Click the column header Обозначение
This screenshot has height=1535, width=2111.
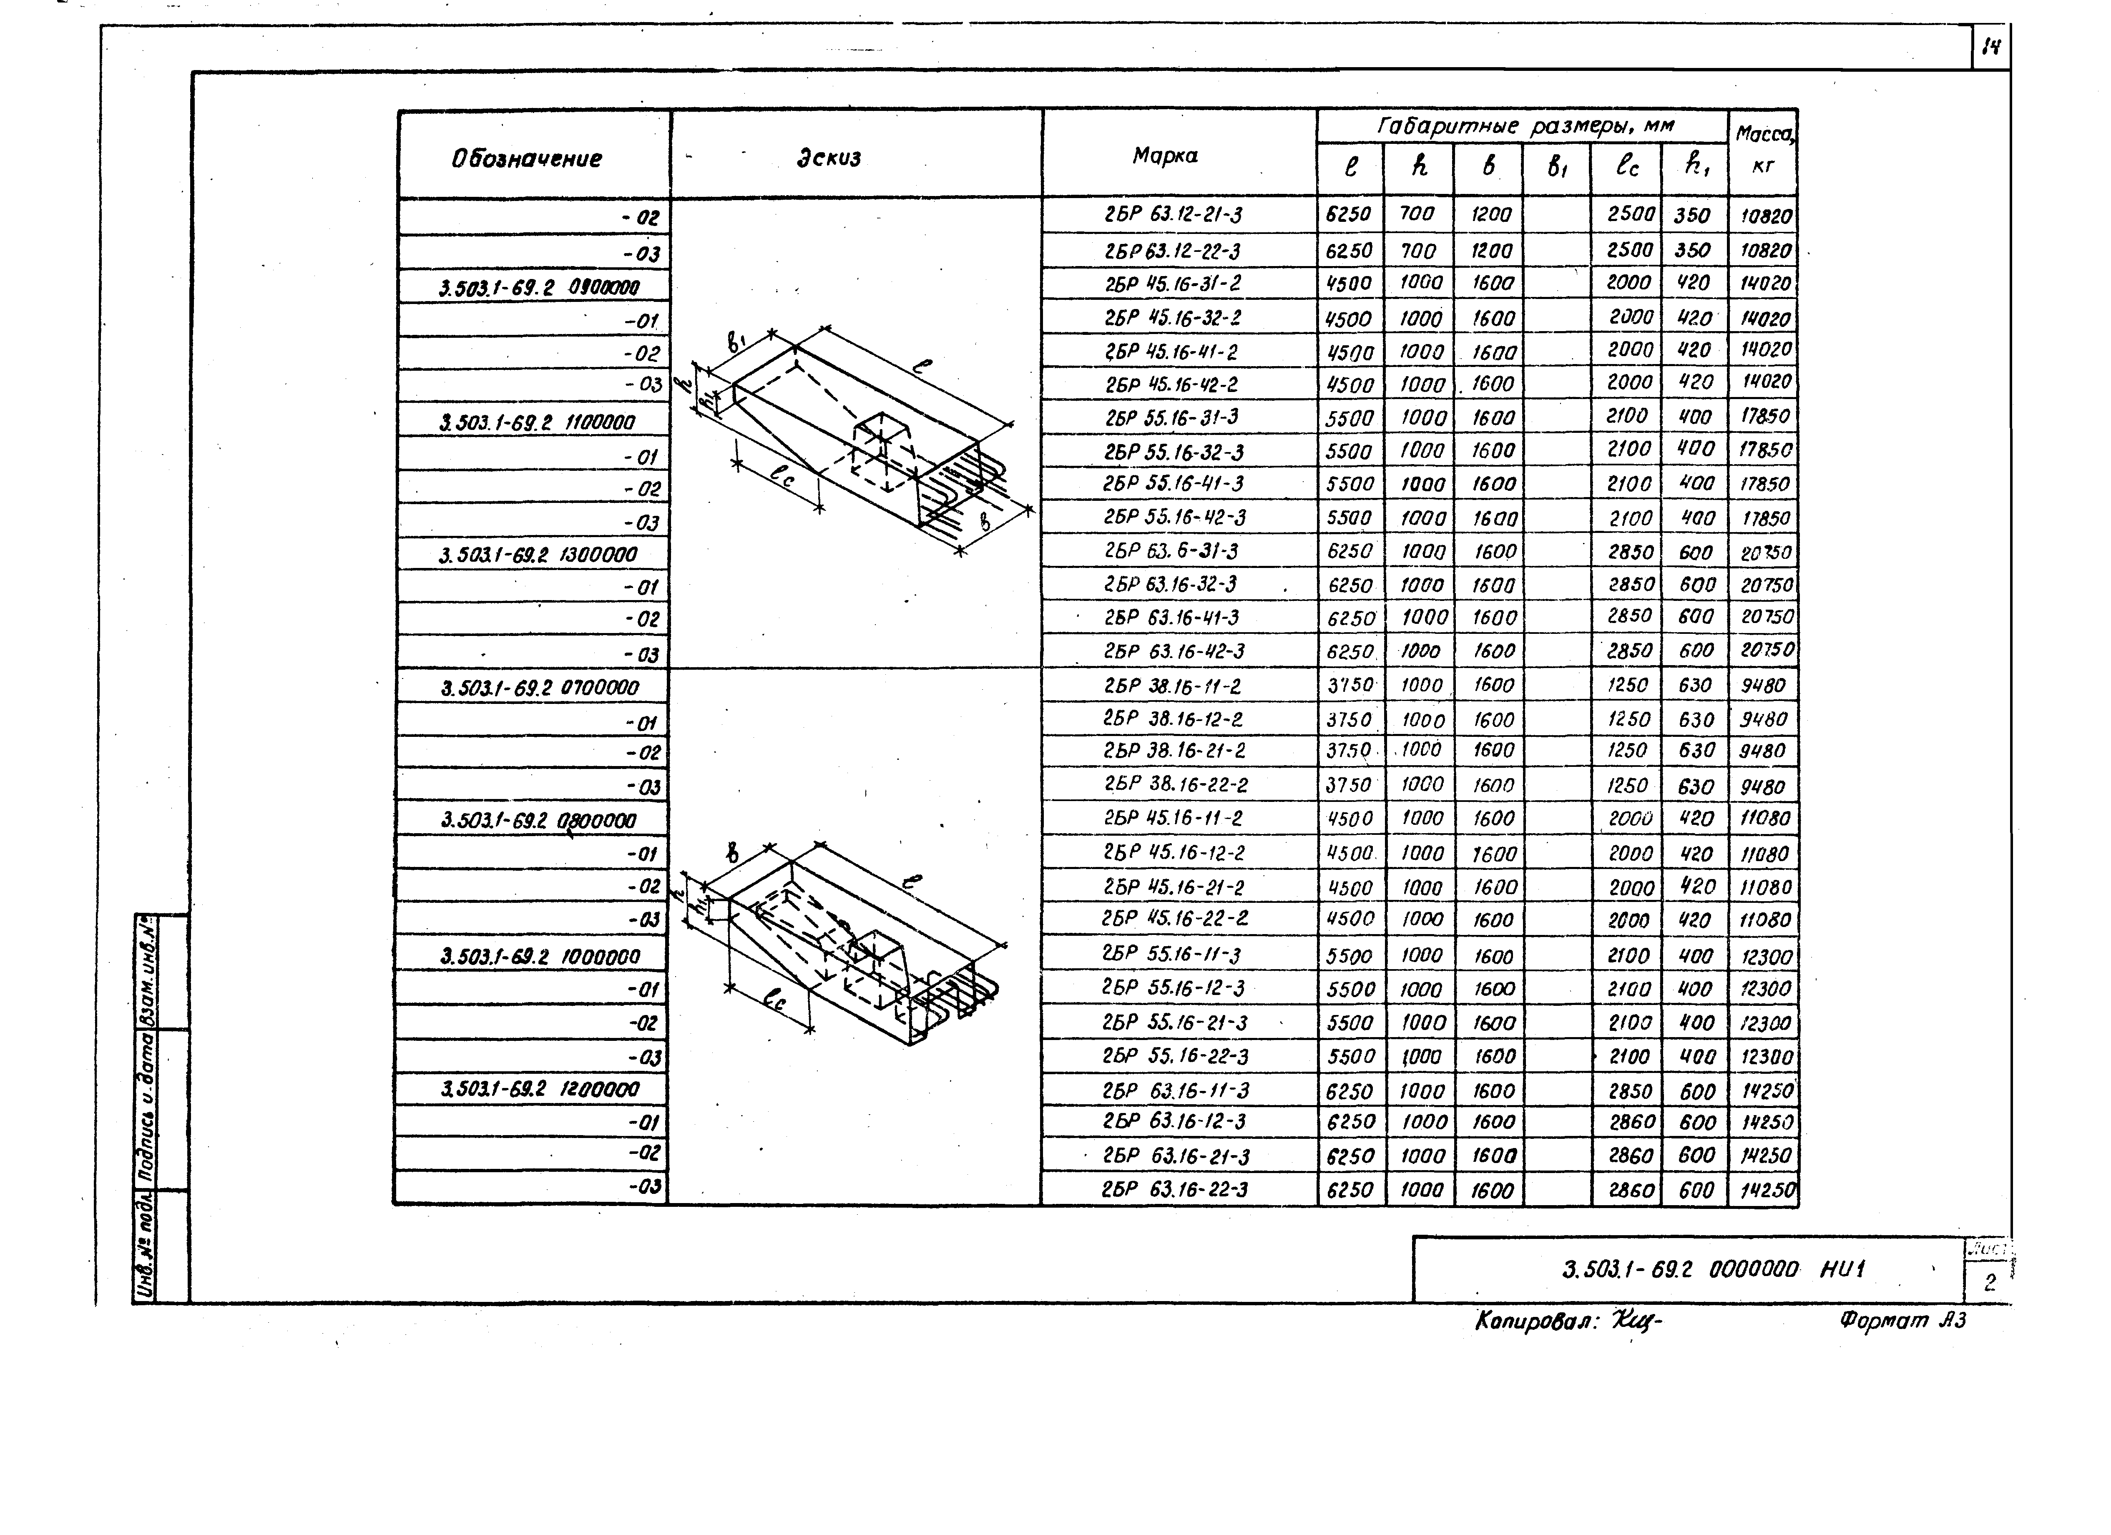(527, 158)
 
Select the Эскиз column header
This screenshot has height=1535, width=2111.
(828, 157)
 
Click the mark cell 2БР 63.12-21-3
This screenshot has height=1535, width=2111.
(1173, 215)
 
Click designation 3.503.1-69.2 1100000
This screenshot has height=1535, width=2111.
(537, 422)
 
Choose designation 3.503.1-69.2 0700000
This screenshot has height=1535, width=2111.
(540, 688)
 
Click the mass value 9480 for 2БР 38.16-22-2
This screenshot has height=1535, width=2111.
(1762, 786)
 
